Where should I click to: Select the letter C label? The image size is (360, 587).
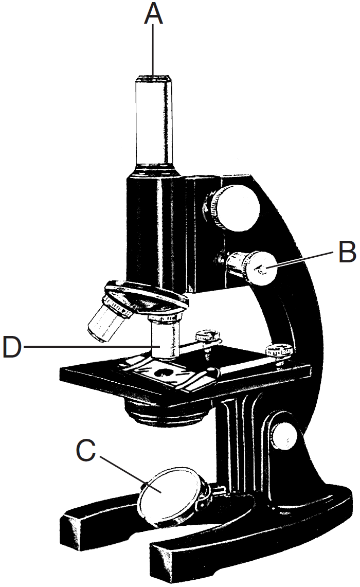[x=86, y=451]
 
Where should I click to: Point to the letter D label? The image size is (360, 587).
[x=12, y=347]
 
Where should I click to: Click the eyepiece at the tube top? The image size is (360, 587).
[x=153, y=79]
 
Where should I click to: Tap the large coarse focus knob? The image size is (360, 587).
[x=236, y=208]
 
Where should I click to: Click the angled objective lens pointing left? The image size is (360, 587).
[x=106, y=321]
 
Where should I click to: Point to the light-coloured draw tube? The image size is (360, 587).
[x=153, y=123]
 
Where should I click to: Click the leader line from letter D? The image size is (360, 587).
[x=87, y=347]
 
